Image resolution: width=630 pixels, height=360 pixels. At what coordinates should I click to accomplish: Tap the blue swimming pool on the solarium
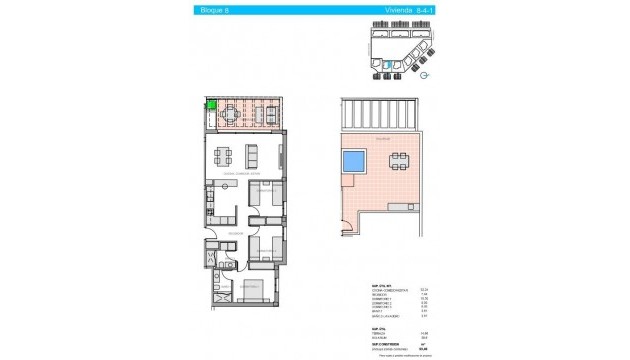(x=353, y=160)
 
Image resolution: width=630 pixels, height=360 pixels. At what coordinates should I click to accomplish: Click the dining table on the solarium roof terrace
(x=399, y=159)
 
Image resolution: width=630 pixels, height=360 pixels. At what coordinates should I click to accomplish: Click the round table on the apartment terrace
(x=231, y=114)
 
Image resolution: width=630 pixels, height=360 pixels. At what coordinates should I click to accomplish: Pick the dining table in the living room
(x=225, y=156)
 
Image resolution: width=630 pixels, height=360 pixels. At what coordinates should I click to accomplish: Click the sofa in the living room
(x=252, y=156)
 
